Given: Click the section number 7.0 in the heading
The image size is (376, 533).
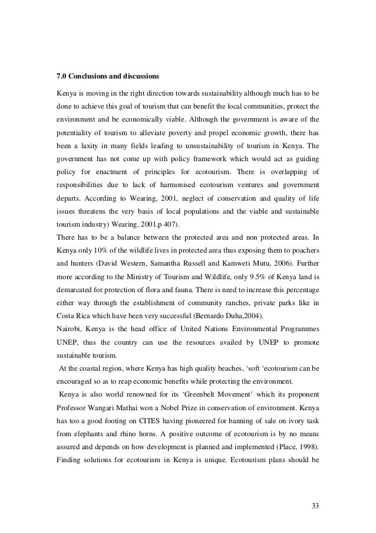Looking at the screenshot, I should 61,76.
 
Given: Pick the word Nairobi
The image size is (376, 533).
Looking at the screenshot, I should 68,326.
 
